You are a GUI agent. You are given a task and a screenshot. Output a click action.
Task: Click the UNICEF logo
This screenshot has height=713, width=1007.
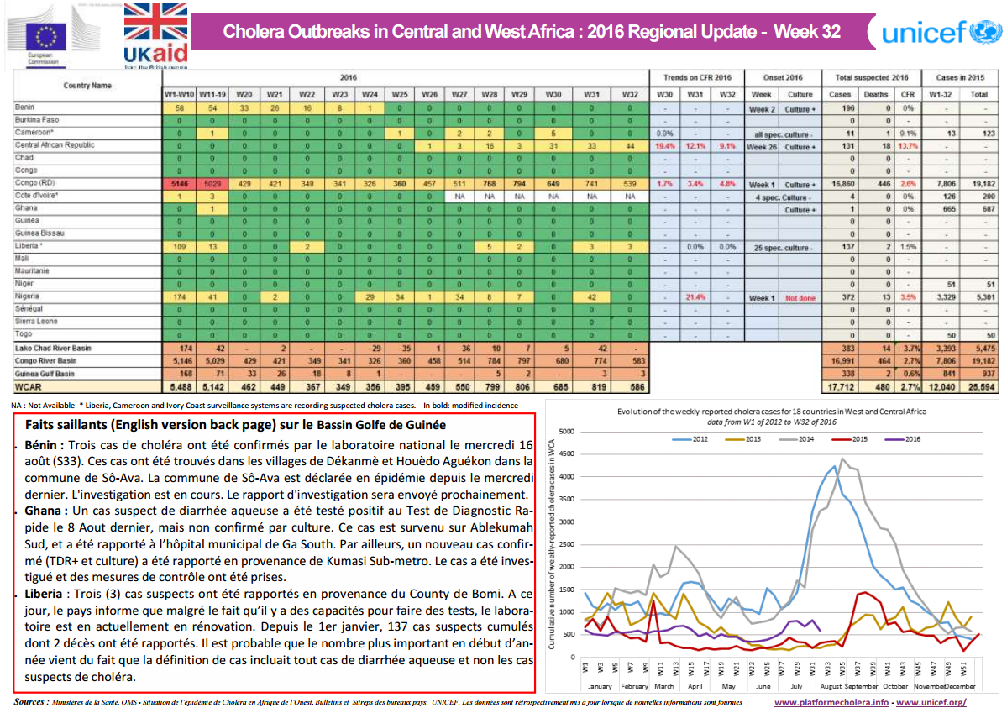click(x=941, y=33)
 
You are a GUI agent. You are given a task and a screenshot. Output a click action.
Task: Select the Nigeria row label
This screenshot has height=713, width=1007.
click(x=28, y=297)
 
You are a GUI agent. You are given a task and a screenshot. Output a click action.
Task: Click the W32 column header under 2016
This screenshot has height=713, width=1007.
click(x=630, y=95)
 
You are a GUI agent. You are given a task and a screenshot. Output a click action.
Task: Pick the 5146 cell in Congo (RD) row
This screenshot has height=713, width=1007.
click(x=180, y=184)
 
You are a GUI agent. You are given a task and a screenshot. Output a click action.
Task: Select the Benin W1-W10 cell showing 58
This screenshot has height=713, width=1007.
click(x=180, y=108)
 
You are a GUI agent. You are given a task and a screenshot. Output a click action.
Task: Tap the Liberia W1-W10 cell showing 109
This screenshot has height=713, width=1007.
click(x=180, y=247)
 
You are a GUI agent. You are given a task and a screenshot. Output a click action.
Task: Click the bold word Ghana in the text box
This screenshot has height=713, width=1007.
click(x=45, y=510)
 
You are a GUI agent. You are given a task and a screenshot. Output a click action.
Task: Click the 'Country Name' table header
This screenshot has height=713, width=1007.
click(x=87, y=85)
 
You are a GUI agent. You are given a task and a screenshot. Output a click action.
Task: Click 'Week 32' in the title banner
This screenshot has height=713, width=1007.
click(x=806, y=32)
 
